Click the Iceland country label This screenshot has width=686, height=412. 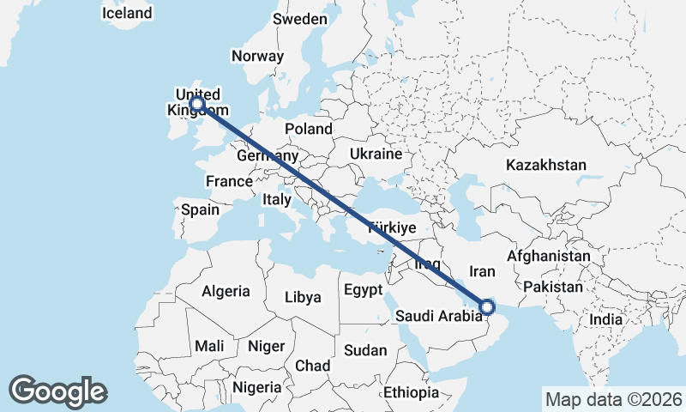pyautogui.click(x=126, y=13)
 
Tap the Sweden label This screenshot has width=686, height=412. pyautogui.click(x=299, y=19)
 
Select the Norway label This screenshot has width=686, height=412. pyautogui.click(x=257, y=56)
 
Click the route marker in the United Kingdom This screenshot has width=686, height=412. pyautogui.click(x=197, y=104)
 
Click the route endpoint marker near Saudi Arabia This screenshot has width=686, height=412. pyautogui.click(x=486, y=306)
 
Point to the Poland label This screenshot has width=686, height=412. pyautogui.click(x=309, y=129)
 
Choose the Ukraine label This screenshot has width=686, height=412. pyautogui.click(x=376, y=154)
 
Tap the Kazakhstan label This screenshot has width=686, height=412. pyautogui.click(x=545, y=165)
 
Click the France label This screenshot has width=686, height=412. pyautogui.click(x=229, y=181)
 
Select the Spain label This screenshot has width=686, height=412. pyautogui.click(x=200, y=209)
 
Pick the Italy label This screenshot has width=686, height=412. pyautogui.click(x=277, y=199)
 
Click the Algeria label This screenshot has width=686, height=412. pyautogui.click(x=226, y=291)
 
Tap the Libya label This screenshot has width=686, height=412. pyautogui.click(x=303, y=298)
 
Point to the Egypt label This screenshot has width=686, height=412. pyautogui.click(x=363, y=290)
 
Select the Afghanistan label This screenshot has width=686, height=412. pyautogui.click(x=549, y=256)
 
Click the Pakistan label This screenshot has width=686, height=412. pyautogui.click(x=552, y=287)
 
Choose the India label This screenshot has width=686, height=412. pyautogui.click(x=606, y=319)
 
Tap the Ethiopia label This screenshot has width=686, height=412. pyautogui.click(x=411, y=392)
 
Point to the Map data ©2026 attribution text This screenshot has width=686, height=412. pyautogui.click(x=613, y=399)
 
